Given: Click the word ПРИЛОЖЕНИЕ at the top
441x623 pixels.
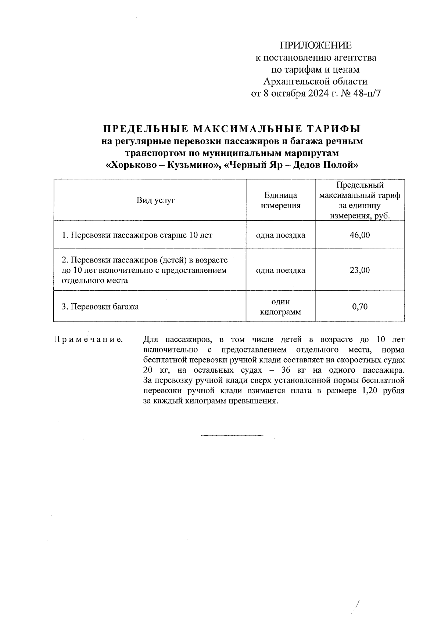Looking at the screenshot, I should pos(316,46).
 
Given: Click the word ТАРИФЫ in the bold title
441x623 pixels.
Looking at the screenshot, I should pos(333,129).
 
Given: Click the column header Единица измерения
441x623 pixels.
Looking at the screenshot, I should pos(280,200).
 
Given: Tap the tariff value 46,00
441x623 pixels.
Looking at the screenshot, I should pos(360,235).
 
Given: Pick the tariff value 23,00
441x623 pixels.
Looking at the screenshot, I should pos(360,270).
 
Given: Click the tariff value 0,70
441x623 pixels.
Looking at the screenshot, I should pos(360,307).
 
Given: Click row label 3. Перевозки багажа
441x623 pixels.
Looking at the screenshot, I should pos(100,307).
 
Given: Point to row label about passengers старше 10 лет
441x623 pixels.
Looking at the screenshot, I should pos(137,235).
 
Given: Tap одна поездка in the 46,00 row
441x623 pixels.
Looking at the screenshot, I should pos(280,235).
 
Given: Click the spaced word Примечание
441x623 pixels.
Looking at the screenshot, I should pos(89,340).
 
